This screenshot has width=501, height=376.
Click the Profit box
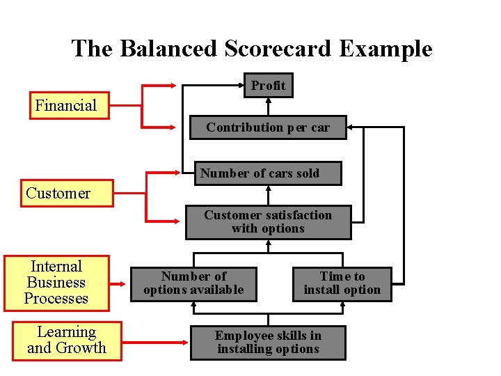pyautogui.click(x=268, y=86)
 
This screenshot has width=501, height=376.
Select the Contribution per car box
pyautogui.click(x=268, y=127)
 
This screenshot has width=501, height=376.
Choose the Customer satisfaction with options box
pyautogui.click(x=268, y=222)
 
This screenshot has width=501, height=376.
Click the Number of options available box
pyautogui.click(x=193, y=283)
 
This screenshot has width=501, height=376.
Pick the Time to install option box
pyautogui.click(x=342, y=283)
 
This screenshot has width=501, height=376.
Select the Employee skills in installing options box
pyautogui.click(x=268, y=343)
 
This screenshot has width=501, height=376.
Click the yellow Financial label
pyautogui.click(x=67, y=106)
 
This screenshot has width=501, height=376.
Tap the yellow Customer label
pyautogui.click(x=58, y=194)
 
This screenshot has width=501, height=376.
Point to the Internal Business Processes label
pyautogui.click(x=56, y=283)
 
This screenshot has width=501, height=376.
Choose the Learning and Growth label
pyautogui.click(x=67, y=340)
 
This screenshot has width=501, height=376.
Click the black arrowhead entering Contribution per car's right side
pyautogui.click(x=351, y=127)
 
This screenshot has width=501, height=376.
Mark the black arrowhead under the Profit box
pyautogui.click(x=268, y=101)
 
